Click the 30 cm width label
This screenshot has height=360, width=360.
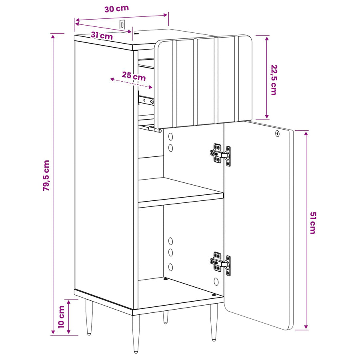point(117,9)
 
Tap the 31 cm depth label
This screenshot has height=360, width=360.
point(102,36)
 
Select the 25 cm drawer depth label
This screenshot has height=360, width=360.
point(134,76)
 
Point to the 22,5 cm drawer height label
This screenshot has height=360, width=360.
point(274,80)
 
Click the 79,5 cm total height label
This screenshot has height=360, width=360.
point(46,176)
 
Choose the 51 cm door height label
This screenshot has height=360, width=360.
point(313,223)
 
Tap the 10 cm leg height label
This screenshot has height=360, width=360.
point(61,317)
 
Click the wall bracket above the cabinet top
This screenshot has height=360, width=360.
point(122,24)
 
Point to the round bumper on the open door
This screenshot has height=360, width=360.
point(277,133)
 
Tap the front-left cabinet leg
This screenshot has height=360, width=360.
point(136,333)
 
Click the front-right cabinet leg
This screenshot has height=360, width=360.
point(214,322)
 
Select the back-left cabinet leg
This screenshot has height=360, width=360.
point(89,317)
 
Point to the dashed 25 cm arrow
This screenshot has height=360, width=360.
point(131,83)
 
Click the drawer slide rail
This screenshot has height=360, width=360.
point(146,100)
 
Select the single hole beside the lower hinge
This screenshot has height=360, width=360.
point(216,282)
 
